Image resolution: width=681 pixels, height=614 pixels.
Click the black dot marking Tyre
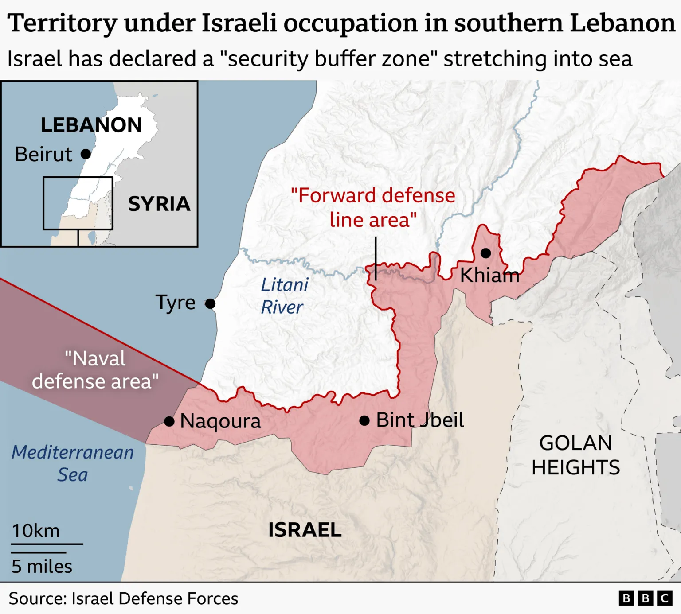tap(210, 304)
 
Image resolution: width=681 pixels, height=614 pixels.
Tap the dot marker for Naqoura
tap(169, 421)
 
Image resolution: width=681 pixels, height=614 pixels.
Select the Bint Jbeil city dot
tap(364, 421)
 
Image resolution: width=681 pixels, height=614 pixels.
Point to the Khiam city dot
tap(486, 253)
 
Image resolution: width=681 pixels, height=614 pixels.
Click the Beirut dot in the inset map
tap(86, 154)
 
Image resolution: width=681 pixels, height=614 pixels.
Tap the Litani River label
tap(284, 296)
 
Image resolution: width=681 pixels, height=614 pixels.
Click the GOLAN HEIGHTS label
tap(575, 455)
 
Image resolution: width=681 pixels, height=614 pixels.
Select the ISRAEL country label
tap(305, 530)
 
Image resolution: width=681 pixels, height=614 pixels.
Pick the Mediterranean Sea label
tap(73, 463)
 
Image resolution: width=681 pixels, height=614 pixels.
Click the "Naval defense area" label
tap(95, 370)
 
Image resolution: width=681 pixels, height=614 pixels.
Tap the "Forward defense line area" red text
tap(373, 207)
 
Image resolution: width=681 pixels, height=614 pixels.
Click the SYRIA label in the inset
tap(159, 204)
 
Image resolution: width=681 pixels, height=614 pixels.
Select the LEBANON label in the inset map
tap(91, 125)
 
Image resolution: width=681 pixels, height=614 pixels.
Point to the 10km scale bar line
tap(47, 544)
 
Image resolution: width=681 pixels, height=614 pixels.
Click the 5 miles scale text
tap(42, 566)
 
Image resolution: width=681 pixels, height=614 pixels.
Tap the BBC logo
tap(645, 598)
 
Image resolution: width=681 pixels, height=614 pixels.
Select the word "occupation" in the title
tap(351, 23)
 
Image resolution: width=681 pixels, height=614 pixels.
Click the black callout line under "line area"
tap(376, 258)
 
